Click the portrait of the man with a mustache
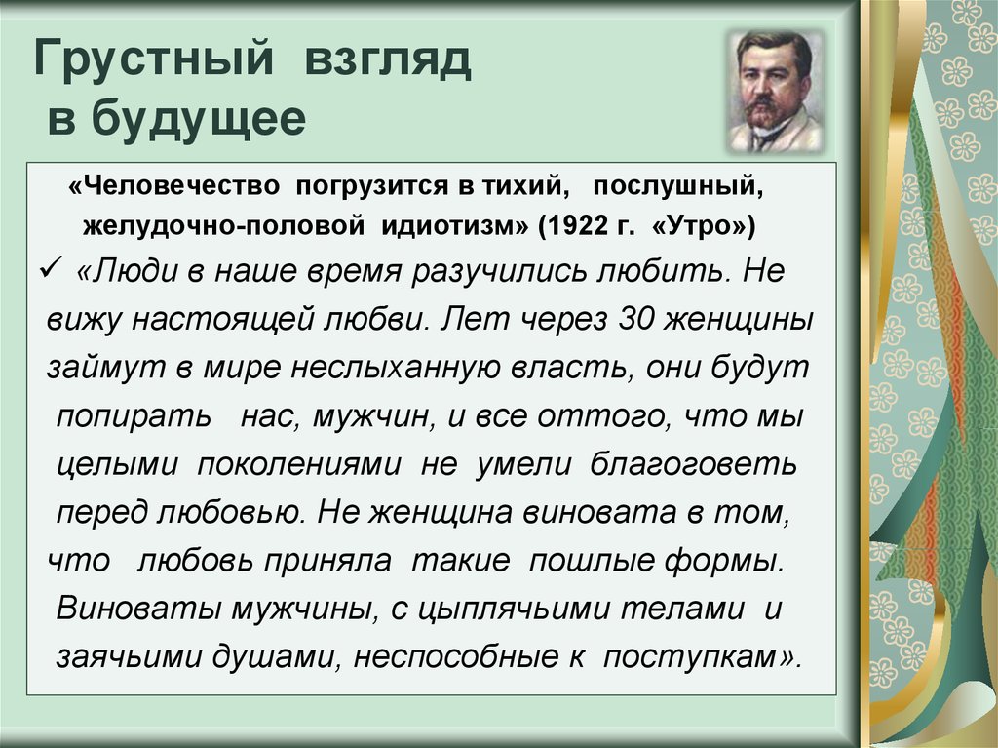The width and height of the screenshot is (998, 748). pyautogui.click(x=775, y=91)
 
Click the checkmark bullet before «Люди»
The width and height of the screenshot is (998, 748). pyautogui.click(x=56, y=270)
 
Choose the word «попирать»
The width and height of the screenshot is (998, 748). pyautogui.click(x=134, y=415)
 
